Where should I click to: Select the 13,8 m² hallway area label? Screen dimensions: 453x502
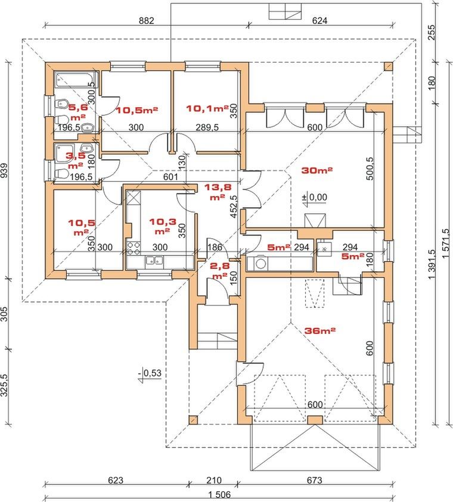pyautogui.click(x=218, y=191)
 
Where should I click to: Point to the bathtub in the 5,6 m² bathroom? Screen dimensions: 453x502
pyautogui.click(x=76, y=79)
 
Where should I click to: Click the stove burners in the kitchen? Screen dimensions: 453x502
pyautogui.click(x=134, y=248)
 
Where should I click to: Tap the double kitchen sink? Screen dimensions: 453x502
pyautogui.click(x=154, y=261)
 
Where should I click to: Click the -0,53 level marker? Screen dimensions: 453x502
pyautogui.click(x=150, y=374)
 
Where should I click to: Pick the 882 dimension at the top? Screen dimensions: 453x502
pyautogui.click(x=147, y=20)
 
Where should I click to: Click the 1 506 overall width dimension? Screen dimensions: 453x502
pyautogui.click(x=219, y=495)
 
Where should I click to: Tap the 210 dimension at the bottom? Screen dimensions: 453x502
pyautogui.click(x=213, y=481)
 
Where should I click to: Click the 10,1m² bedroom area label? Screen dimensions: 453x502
pyautogui.click(x=207, y=109)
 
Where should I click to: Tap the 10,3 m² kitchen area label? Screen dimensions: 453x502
pyautogui.click(x=162, y=226)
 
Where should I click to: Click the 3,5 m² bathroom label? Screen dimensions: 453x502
pyautogui.click(x=76, y=160)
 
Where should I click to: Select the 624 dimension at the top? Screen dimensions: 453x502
pyautogui.click(x=319, y=20)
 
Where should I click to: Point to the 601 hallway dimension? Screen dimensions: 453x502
pyautogui.click(x=170, y=176)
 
